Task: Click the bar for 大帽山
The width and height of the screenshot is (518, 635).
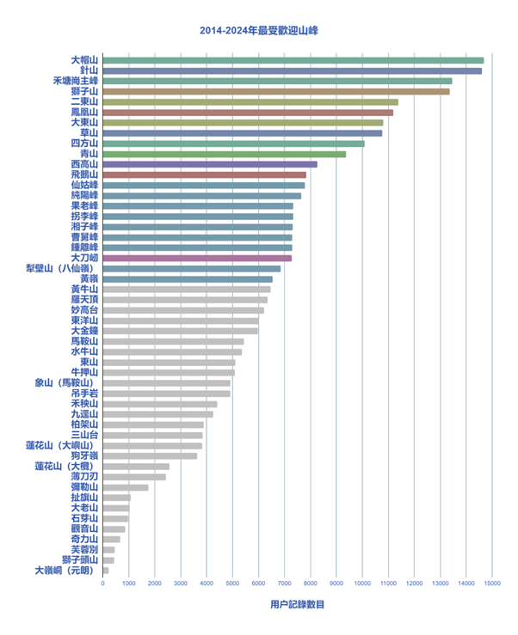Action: pos(293,60)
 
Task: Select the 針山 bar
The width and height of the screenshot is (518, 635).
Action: pos(292,70)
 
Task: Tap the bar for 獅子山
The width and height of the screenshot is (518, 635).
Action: pos(275,91)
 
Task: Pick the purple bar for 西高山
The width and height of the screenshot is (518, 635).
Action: pos(210,164)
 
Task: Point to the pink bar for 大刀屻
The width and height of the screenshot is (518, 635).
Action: pos(197,258)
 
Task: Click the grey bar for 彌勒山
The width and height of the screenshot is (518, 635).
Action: pos(126,487)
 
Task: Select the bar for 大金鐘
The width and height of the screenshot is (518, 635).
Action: pos(180,330)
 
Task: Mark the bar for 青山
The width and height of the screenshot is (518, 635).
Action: pos(224,154)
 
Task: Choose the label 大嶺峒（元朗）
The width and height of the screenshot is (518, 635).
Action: pos(66,570)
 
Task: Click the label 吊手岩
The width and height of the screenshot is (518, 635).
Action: pos(84,393)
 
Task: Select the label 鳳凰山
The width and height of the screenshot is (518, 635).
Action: pos(84,112)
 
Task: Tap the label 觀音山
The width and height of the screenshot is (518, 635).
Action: pos(84,528)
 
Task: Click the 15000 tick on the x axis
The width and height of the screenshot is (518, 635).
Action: pos(491,583)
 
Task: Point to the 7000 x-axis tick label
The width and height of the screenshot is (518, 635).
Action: pos(284,583)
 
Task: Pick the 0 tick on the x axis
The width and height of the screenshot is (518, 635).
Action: pos(103,583)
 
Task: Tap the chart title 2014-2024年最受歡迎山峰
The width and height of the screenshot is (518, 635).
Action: pos(259,31)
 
